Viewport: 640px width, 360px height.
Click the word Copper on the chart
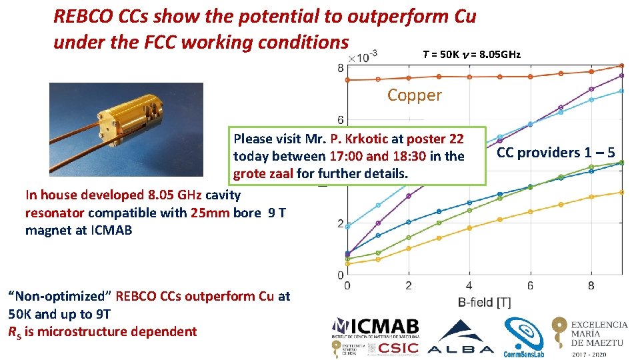tap(414, 95)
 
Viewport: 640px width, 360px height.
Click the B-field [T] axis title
tap(484, 302)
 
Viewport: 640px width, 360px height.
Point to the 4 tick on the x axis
tap(469, 285)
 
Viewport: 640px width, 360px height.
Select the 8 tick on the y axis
tap(341, 68)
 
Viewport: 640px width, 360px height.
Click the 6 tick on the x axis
tap(531, 285)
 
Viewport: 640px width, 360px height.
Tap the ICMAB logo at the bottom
tap(376, 327)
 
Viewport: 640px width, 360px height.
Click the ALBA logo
tap(460, 337)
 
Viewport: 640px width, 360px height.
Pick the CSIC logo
tap(399, 347)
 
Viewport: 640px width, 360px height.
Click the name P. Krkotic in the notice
tap(361, 139)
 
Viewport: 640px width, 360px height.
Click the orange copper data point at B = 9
tap(621, 65)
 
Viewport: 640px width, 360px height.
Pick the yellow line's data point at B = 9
tap(621, 192)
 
